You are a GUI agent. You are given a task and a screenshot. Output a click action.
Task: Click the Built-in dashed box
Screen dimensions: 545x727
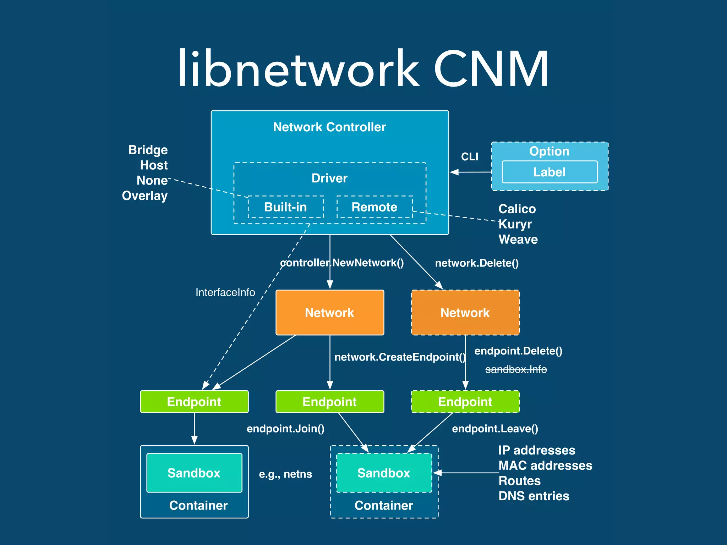286,207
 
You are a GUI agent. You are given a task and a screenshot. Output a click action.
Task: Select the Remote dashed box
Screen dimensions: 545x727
375,207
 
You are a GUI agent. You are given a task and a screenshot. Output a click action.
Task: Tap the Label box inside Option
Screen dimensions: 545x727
550,172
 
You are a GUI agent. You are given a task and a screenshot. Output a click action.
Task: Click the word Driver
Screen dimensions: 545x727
329,178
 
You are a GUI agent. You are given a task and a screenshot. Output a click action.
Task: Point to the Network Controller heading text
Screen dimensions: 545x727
329,127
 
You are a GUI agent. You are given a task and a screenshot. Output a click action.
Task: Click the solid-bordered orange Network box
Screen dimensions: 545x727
330,313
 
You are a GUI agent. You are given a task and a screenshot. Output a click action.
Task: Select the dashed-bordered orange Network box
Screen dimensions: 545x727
465,313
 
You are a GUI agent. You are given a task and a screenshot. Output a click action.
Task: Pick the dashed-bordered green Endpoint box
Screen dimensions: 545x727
465,402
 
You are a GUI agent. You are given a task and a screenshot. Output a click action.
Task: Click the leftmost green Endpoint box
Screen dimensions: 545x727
194,402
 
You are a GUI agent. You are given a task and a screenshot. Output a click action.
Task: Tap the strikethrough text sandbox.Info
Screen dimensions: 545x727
516,369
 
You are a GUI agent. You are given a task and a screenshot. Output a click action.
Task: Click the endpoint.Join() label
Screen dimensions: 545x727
285,429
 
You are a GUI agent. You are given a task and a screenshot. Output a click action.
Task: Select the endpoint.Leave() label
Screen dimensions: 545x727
495,429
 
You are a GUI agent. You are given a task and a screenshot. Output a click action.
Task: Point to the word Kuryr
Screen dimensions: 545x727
515,224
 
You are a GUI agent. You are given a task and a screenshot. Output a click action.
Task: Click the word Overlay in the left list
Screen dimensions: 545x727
145,196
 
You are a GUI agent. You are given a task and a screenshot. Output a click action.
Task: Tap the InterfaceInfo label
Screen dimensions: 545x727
225,292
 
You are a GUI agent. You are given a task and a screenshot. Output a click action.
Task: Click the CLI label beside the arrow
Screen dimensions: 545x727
470,156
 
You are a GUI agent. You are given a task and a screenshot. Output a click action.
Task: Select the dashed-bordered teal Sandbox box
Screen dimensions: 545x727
384,473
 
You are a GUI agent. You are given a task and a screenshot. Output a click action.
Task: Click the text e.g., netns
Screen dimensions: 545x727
285,474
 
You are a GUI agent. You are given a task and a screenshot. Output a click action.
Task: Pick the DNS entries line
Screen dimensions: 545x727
534,496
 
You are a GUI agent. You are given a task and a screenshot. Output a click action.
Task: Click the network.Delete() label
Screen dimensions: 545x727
477,263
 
